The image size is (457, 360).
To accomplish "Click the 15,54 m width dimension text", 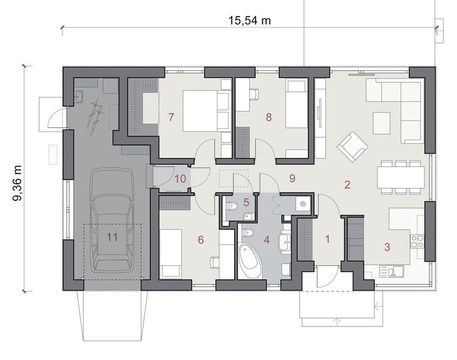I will (249, 20).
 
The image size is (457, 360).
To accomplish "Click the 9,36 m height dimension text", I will (17, 176).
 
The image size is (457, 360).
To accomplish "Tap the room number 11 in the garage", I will (112, 236).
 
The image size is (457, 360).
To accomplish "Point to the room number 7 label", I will (171, 117).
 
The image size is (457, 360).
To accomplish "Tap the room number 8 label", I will (269, 117).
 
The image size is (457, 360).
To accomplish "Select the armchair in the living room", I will (350, 146).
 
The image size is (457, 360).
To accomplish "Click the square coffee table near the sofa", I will (381, 123).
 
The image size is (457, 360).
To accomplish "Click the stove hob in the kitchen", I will (416, 241).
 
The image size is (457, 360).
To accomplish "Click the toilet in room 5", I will (234, 207).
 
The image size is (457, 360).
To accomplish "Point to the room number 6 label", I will (201, 240).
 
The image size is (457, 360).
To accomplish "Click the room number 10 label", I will (180, 178).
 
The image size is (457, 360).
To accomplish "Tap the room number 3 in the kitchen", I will (387, 246).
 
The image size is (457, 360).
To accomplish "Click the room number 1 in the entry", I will (327, 239).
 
